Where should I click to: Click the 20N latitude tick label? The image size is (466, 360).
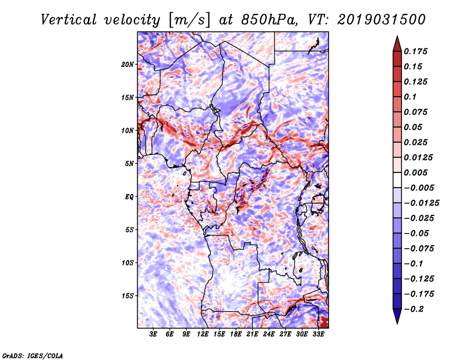click(x=128, y=64)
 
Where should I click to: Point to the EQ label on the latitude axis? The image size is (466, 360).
click(x=129, y=197)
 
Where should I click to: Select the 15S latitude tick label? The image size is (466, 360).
click(x=128, y=296)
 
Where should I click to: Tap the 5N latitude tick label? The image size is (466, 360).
click(x=129, y=164)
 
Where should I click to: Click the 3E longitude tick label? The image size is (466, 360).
click(x=154, y=335)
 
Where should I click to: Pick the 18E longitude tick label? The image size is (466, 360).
click(x=236, y=335)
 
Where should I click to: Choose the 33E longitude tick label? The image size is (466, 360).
click(x=318, y=335)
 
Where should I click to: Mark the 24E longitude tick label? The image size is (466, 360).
click(x=269, y=335)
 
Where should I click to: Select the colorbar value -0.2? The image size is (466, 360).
click(x=415, y=309)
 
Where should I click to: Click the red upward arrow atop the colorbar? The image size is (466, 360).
click(x=396, y=43)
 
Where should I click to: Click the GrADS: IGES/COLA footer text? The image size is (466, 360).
click(x=32, y=355)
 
